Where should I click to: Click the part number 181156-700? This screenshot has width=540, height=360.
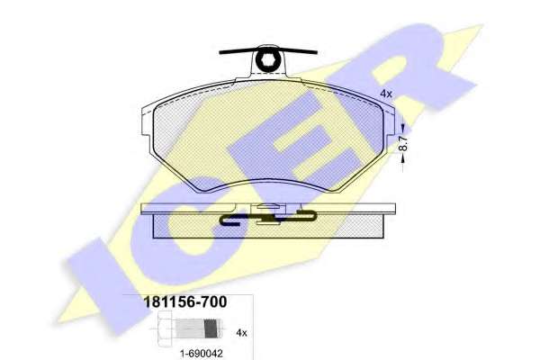184,302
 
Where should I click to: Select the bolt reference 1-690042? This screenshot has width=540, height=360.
202,353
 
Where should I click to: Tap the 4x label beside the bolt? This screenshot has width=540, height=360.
241,333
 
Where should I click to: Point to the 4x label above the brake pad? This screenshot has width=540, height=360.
386,94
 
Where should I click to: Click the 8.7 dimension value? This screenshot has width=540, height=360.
403,143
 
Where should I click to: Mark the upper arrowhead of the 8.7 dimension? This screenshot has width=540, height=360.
403,130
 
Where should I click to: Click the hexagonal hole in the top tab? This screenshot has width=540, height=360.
268,61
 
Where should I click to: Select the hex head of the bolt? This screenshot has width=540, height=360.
165,328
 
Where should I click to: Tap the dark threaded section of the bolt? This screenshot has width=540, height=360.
211,328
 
